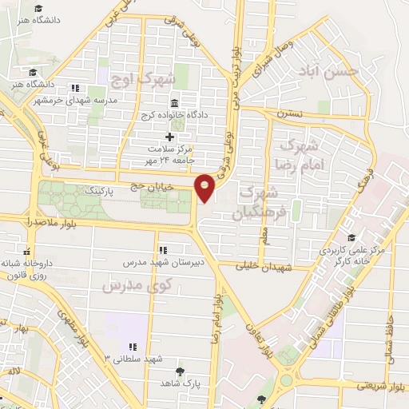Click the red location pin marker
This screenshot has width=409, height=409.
click(x=206, y=187)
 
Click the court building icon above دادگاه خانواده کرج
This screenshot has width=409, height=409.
click(x=174, y=103)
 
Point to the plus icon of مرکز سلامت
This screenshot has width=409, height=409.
click(x=169, y=137)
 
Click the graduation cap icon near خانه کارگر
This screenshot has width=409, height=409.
click(x=351, y=237)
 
